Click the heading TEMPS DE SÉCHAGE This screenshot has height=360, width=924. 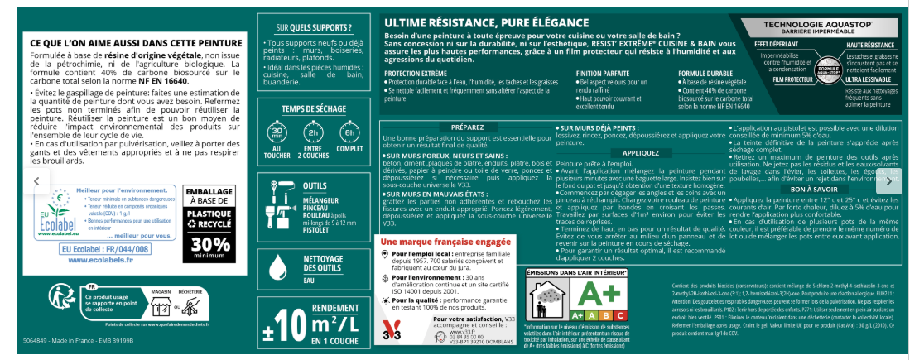coord(315,108)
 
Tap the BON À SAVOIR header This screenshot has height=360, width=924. coord(810,190)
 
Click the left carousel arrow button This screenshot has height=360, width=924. coord(36,180)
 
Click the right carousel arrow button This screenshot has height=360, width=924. coord(888,180)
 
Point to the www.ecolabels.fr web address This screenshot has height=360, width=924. coord(103,259)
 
